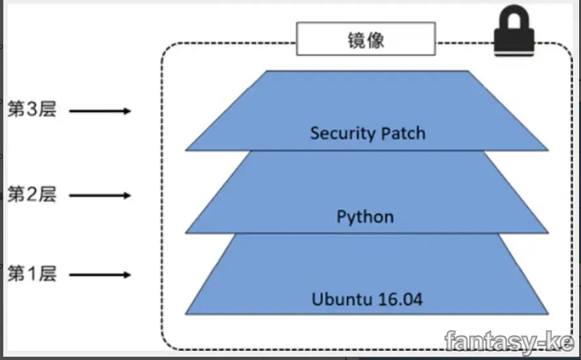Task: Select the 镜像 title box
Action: tap(365, 39)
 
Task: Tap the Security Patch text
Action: tap(367, 133)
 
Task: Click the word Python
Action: tap(365, 217)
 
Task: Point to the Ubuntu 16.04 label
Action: tap(367, 300)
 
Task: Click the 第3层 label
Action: tap(32, 110)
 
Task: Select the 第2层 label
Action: tap(32, 194)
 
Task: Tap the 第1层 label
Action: tap(32, 274)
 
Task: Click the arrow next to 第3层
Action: tap(100, 111)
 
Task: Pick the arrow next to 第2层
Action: tap(100, 195)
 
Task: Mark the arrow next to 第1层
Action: tap(100, 275)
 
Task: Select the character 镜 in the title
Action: tap(356, 40)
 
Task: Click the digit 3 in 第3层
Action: tap(32, 110)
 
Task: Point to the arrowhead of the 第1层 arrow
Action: tap(127, 275)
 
